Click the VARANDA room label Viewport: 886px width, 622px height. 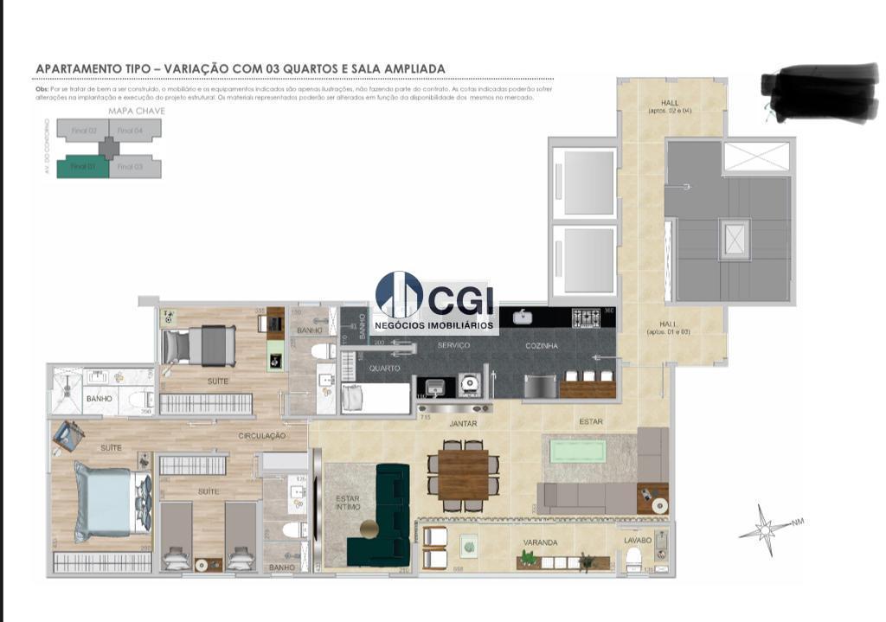pos(540,542)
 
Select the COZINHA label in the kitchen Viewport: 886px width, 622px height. pos(542,346)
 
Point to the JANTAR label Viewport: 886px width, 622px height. pos(463,424)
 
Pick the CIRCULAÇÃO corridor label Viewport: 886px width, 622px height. pos(262,435)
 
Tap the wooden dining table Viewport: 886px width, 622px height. pos(463,476)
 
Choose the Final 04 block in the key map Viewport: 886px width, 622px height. pos(130,131)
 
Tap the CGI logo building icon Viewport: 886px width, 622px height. pos(399,295)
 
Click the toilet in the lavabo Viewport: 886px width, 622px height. pos(633,558)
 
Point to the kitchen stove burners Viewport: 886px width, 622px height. pos(587,317)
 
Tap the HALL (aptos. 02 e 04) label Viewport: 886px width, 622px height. pos(670,106)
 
